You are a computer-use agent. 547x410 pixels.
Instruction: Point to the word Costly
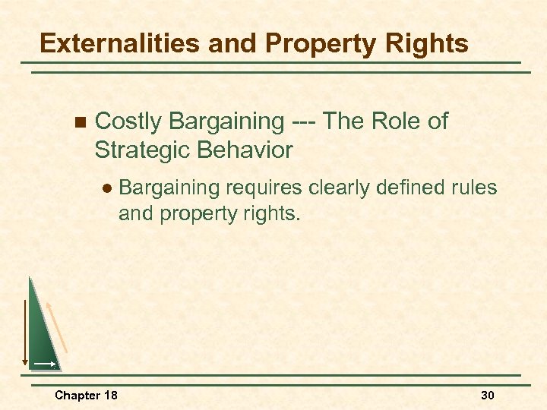click(129, 121)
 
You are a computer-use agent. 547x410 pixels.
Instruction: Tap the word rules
click(476, 187)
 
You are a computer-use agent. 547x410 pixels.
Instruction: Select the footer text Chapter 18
click(86, 396)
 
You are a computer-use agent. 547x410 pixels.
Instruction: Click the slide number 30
click(487, 396)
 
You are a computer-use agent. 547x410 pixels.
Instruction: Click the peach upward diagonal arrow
click(58, 326)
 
